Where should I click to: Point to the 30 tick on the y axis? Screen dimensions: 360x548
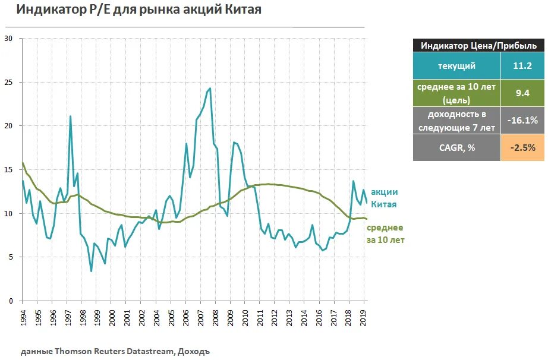point(8,39)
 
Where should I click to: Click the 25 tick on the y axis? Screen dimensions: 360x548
point(8,82)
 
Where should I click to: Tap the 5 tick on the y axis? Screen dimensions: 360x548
point(10,257)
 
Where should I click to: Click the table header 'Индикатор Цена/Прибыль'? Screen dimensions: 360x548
point(478,46)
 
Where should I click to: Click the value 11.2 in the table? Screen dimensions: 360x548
point(522,66)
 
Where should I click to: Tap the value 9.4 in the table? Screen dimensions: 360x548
point(522,93)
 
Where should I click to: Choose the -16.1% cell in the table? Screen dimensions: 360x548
point(522,120)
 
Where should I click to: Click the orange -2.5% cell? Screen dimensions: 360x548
point(522,147)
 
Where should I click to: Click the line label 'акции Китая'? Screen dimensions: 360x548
point(384,198)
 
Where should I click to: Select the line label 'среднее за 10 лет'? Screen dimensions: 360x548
point(385,234)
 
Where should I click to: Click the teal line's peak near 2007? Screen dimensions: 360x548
point(210,89)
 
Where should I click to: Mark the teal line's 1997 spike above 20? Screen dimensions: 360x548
point(70,116)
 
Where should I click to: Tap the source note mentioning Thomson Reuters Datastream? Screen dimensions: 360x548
point(115,351)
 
